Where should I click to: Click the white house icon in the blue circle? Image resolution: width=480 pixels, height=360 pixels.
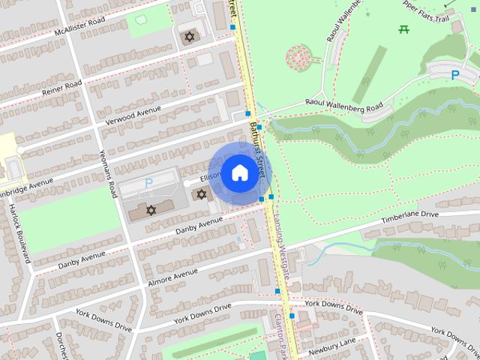tap(238, 173)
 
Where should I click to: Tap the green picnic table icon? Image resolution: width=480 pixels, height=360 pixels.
tap(404, 28)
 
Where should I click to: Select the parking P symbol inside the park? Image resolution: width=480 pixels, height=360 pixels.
tap(454, 74)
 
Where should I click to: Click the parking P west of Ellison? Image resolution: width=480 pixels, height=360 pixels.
tap(148, 182)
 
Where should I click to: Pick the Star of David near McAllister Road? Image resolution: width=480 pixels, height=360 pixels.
tap(188, 37)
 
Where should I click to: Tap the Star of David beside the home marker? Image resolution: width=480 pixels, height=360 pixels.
tap(200, 194)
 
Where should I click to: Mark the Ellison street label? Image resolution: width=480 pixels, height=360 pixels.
tap(211, 177)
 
